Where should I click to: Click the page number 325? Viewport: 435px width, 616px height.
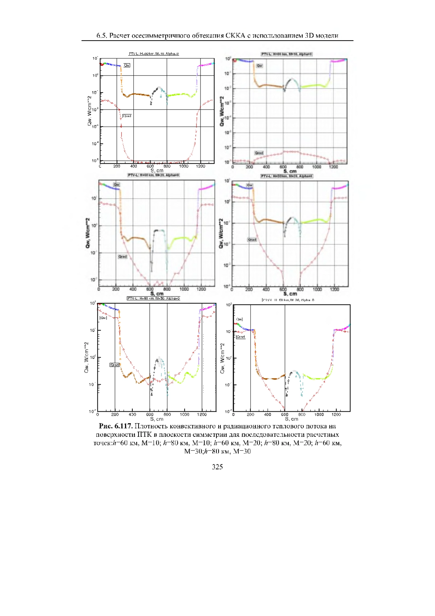point(217,467)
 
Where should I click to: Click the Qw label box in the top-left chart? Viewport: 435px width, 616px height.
point(127,65)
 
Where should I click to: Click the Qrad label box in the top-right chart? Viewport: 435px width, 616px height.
point(258,153)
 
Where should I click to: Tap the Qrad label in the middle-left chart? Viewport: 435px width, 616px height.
point(123,256)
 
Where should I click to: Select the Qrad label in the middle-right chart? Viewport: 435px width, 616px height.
point(252,239)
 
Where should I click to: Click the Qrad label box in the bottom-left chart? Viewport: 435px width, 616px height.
point(114,365)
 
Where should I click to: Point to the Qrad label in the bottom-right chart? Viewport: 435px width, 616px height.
point(241,337)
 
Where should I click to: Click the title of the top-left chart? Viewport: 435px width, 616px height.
point(154,54)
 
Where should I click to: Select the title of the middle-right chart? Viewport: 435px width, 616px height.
point(286,176)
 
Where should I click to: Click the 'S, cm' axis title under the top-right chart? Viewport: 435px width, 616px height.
point(290,171)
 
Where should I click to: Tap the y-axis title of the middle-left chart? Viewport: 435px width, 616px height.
point(88,233)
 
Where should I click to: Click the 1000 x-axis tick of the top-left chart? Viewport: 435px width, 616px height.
point(183,166)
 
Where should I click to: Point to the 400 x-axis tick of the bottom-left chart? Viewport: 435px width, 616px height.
point(132,414)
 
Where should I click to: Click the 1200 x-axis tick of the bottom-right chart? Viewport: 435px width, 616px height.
point(336,414)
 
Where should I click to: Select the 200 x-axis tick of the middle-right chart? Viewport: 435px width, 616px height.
point(249,289)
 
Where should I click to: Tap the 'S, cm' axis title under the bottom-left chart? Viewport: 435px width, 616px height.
point(157,419)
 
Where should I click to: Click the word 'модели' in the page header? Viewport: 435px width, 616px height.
point(327,36)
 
